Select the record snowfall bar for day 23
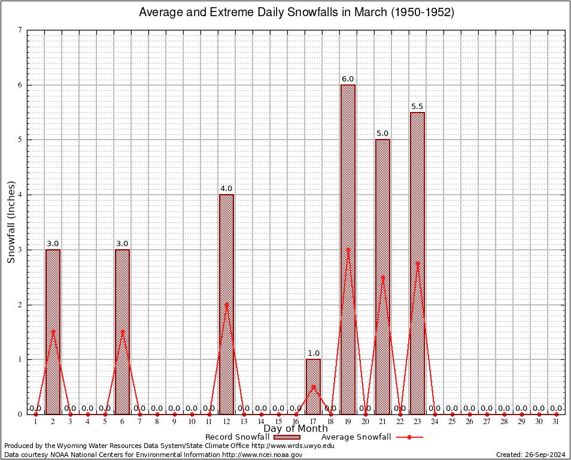point(417,263)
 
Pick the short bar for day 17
point(313,386)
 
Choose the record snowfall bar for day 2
point(53,332)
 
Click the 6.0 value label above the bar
point(348,79)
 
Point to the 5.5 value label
point(417,107)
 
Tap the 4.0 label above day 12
point(226,189)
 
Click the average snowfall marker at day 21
point(382,277)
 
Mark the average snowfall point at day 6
point(122,332)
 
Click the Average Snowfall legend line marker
point(409,437)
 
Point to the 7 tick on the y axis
point(20,30)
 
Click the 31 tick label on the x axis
point(556,422)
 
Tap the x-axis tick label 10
point(192,422)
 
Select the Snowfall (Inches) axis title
point(11,222)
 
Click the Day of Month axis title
point(296,429)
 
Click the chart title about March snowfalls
point(296,12)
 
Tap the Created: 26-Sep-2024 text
point(531,455)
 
